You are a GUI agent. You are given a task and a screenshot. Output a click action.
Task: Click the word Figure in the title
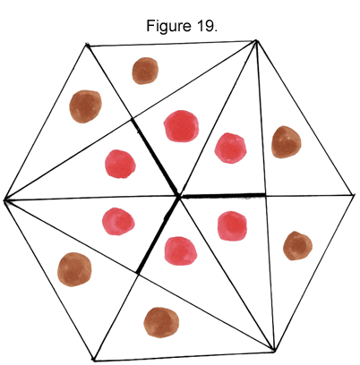pyautogui.click(x=168, y=26)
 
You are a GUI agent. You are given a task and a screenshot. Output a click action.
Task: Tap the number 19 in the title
pyautogui.click(x=205, y=26)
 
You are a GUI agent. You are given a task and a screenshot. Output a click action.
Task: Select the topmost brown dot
pyautogui.click(x=145, y=71)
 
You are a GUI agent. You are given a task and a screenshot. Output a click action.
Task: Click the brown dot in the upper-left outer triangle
pyautogui.click(x=86, y=106)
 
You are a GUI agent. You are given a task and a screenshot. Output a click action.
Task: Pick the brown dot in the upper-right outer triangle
pyautogui.click(x=287, y=142)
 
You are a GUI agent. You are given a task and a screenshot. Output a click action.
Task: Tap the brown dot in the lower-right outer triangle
pyautogui.click(x=297, y=246)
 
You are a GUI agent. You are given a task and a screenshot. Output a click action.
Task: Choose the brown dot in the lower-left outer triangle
pyautogui.click(x=74, y=269)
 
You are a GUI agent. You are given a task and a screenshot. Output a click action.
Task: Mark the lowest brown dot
pyautogui.click(x=161, y=323)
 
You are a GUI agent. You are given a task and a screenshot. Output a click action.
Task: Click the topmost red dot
pyautogui.click(x=181, y=126)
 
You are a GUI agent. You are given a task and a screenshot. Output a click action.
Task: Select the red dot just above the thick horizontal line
pyautogui.click(x=231, y=149)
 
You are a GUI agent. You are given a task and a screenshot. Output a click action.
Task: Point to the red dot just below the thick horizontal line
pyautogui.click(x=233, y=225)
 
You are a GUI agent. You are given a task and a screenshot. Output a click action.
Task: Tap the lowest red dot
pyautogui.click(x=181, y=250)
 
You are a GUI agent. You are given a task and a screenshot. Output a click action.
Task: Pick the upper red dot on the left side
pyautogui.click(x=120, y=164)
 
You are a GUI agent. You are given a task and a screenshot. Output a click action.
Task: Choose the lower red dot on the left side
pyautogui.click(x=118, y=222)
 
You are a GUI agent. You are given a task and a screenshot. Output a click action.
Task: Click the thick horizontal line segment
pyautogui.click(x=223, y=196)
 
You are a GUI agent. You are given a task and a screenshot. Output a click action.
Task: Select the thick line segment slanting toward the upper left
pyautogui.click(x=155, y=157)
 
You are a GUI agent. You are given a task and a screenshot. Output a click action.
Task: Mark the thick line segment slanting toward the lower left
pyautogui.click(x=159, y=235)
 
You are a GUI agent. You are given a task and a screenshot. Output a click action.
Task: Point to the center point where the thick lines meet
pyautogui.click(x=179, y=197)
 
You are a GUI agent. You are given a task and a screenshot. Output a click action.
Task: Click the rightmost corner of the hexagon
pyautogui.click(x=354, y=195)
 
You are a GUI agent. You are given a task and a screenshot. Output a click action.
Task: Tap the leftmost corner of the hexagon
pyautogui.click(x=4, y=200)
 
